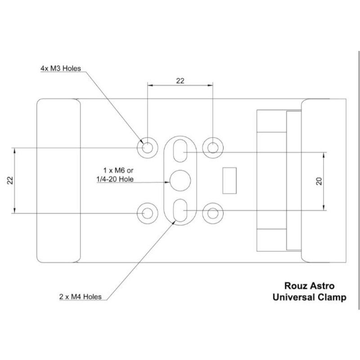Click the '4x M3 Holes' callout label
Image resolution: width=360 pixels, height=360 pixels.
click(61, 70)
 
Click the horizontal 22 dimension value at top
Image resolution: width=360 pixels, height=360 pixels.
click(180, 81)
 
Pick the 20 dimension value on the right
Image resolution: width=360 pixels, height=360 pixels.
click(319, 181)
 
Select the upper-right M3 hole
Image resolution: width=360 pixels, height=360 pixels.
click(212, 147)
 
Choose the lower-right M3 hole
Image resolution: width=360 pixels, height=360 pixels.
click(212, 213)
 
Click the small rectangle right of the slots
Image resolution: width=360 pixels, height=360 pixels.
click(229, 180)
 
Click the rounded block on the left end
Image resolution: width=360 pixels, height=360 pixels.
click(58, 180)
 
